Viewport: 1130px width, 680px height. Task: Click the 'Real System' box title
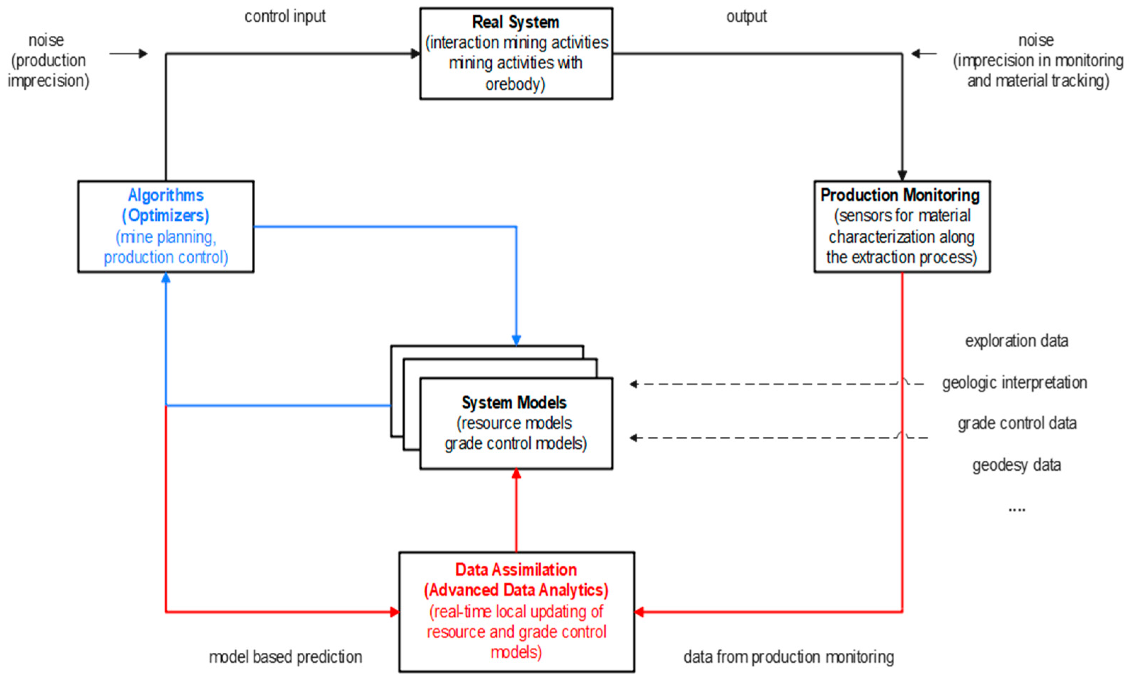[515, 22]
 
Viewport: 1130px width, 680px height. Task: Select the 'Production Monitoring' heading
[900, 195]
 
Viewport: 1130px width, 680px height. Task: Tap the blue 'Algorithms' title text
[165, 195]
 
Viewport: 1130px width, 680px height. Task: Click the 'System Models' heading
[514, 403]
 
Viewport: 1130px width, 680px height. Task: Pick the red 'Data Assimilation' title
[516, 569]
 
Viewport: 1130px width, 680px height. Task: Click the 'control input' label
[285, 17]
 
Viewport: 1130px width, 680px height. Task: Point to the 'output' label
[746, 17]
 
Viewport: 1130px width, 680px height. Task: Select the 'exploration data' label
[1016, 341]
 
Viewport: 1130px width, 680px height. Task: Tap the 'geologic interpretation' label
[1014, 382]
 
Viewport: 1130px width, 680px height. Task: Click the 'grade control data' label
[1017, 423]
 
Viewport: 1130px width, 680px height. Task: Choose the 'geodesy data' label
[1016, 465]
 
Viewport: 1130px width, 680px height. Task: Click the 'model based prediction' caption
[285, 657]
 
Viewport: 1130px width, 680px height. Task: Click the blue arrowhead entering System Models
[516, 340]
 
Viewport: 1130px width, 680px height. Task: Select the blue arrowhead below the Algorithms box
[166, 278]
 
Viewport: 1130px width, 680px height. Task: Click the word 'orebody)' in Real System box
[515, 84]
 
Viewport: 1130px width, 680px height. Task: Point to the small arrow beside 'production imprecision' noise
[129, 53]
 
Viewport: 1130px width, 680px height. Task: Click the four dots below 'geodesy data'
[1016, 510]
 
